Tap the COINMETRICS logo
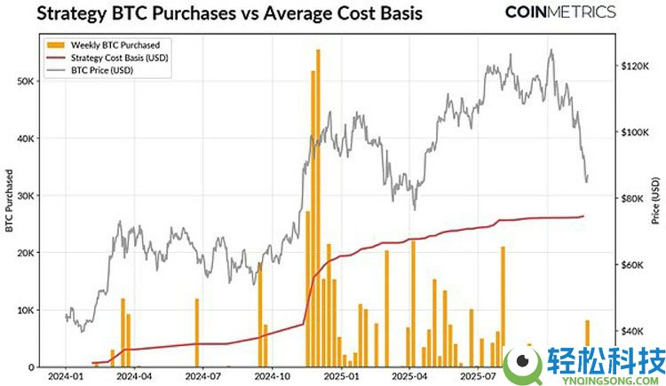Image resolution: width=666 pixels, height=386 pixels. pyautogui.click(x=559, y=12)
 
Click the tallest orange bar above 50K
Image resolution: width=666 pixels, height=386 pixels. pyautogui.click(x=318, y=209)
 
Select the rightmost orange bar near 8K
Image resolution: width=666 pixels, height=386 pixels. pyautogui.click(x=587, y=343)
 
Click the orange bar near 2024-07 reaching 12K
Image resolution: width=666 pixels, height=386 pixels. pyautogui.click(x=196, y=333)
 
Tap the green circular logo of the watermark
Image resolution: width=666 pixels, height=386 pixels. pyautogui.click(x=522, y=365)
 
